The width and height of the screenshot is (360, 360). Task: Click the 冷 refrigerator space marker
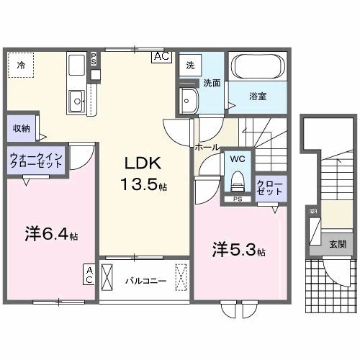pos(21,65)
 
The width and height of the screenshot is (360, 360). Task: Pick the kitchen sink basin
pos(75,101)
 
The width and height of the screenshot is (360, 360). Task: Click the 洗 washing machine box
pos(190,65)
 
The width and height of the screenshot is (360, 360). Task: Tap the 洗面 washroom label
pos(211,82)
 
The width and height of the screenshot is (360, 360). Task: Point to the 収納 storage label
pos(20,128)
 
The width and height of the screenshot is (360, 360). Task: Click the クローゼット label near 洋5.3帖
pos(270,189)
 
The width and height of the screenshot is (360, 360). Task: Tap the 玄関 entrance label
pos(338,244)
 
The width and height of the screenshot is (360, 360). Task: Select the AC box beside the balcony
pos(89,274)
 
